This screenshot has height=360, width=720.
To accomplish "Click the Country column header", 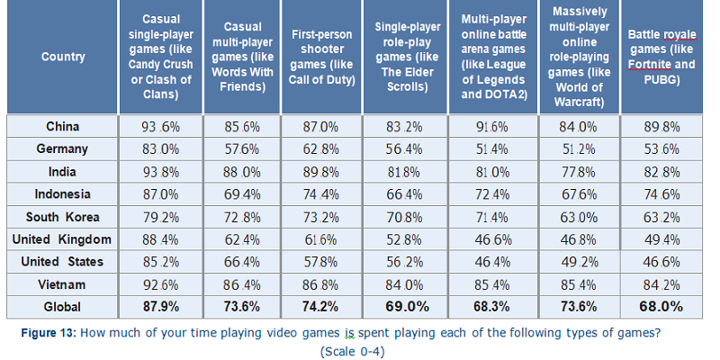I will tap(62, 58).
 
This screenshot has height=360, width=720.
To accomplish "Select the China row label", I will tap(62, 127).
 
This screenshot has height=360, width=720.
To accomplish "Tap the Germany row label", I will tap(62, 149).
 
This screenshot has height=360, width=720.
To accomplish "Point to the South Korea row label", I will tap(62, 217).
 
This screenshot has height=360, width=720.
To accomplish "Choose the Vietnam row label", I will tap(62, 284).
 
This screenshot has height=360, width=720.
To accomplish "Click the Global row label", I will tap(62, 306).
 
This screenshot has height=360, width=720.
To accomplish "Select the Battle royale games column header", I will tap(665, 58).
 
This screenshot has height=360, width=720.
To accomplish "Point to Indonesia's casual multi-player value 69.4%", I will tap(243, 194).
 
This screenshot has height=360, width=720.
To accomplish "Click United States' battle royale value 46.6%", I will tap(665, 262).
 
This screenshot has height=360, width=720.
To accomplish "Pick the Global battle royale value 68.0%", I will tap(665, 306).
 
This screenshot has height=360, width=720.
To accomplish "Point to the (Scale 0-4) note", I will tap(352, 351).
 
